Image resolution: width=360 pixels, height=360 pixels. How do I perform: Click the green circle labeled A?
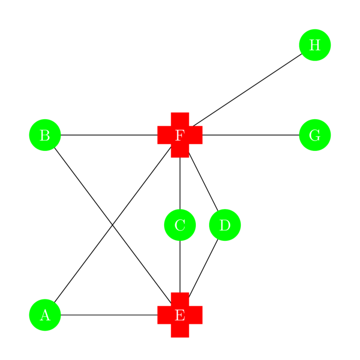45,315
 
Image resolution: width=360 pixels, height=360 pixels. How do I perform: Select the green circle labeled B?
45,135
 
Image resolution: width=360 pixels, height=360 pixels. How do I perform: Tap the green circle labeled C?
180,225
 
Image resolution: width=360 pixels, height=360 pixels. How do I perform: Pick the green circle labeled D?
225,225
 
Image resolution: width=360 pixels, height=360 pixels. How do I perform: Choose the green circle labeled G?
315,135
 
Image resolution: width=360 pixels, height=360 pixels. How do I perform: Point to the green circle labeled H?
315,45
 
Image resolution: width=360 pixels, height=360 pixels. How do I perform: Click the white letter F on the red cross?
180,135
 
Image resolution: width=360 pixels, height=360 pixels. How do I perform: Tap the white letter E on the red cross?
180,315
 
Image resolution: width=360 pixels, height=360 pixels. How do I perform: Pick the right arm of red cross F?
197,135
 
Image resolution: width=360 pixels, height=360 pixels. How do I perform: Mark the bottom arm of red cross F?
180,152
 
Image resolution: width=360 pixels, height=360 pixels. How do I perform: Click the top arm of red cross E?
180,298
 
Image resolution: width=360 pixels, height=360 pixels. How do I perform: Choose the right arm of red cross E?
197,315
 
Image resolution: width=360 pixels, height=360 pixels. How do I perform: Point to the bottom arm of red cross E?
180,332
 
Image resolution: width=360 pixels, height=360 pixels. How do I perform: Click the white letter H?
315,45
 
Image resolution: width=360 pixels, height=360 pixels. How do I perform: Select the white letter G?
315,135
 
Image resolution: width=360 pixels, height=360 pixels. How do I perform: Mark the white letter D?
225,225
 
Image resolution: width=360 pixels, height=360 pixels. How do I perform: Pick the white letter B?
45,135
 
